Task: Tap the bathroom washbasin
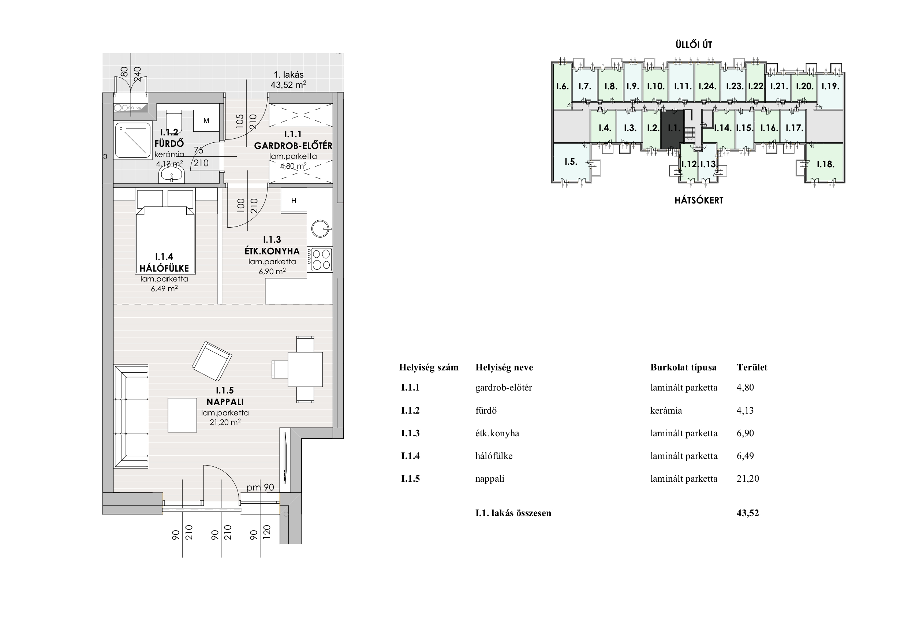172,175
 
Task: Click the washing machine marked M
206,121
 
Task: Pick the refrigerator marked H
294,201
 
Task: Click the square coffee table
182,415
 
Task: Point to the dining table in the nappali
305,369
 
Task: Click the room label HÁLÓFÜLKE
164,268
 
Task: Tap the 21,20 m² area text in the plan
225,422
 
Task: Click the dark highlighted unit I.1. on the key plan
673,129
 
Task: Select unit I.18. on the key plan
825,163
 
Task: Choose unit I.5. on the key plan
571,161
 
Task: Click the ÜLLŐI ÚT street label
694,45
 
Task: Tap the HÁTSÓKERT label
699,201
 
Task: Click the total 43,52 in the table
748,513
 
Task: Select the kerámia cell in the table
666,411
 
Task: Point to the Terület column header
752,367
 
